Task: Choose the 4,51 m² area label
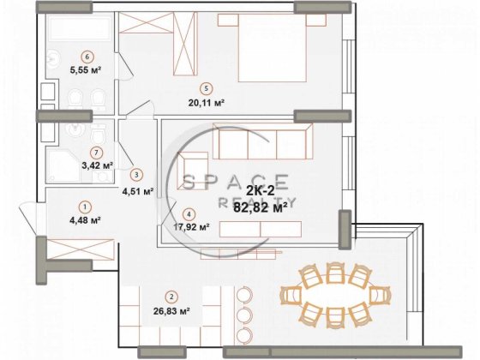click(137, 191)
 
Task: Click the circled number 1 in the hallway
click(85, 206)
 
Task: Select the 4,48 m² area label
click(85, 220)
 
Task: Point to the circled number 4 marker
click(189, 214)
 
